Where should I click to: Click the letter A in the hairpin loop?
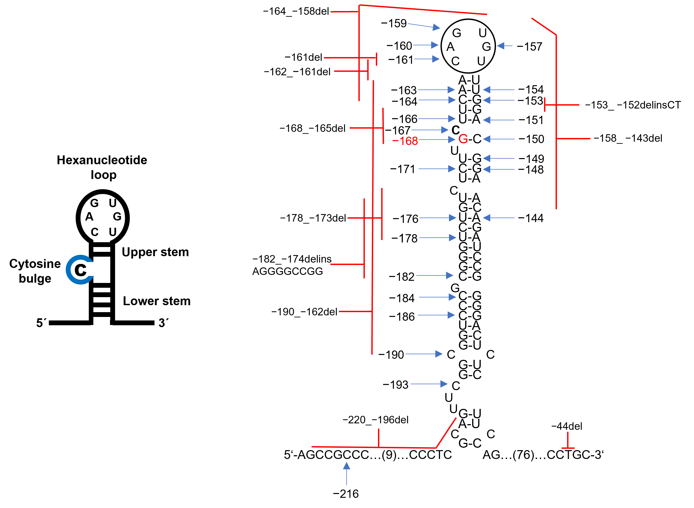click(x=89, y=217)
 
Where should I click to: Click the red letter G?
click(x=463, y=139)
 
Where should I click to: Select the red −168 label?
click(x=405, y=141)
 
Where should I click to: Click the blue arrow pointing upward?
click(x=346, y=473)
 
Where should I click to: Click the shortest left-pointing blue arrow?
click(x=504, y=46)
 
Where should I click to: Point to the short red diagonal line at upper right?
click(x=544, y=27)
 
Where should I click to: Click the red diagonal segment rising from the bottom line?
click(x=446, y=433)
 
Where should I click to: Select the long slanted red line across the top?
click(x=423, y=10)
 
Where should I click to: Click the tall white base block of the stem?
click(x=102, y=334)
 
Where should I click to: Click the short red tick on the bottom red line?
click(x=379, y=438)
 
